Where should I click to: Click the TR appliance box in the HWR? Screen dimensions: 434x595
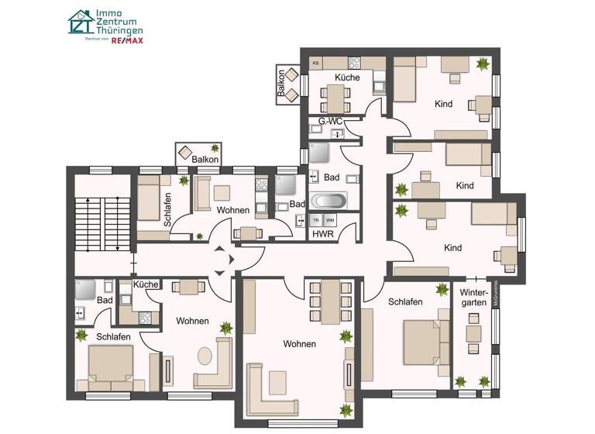point(317,220)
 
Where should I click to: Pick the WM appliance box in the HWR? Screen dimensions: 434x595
point(331,220)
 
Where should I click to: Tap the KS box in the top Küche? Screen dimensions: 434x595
point(316,63)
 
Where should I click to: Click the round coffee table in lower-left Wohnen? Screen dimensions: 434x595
point(205,356)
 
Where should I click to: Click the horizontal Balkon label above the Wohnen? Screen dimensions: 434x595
point(205,159)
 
